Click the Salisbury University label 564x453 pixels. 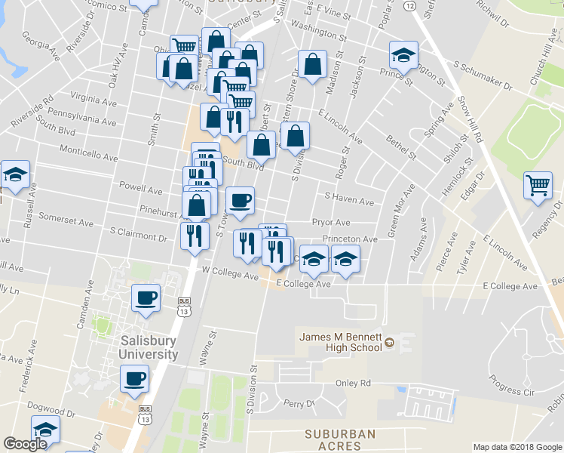[x=149, y=348]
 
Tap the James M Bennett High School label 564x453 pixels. [x=341, y=342]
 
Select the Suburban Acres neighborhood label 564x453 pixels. [x=340, y=440]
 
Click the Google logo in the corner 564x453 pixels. [x=26, y=444]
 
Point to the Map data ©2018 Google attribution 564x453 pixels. [x=516, y=447]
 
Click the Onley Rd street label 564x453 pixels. [x=354, y=383]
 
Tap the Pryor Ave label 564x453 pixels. [x=332, y=223]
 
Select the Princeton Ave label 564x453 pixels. [x=349, y=239]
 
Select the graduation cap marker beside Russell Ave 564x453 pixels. [x=14, y=175]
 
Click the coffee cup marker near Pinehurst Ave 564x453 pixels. [x=240, y=201]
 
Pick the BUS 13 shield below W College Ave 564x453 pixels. [x=184, y=306]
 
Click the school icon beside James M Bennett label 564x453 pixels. [x=390, y=344]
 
